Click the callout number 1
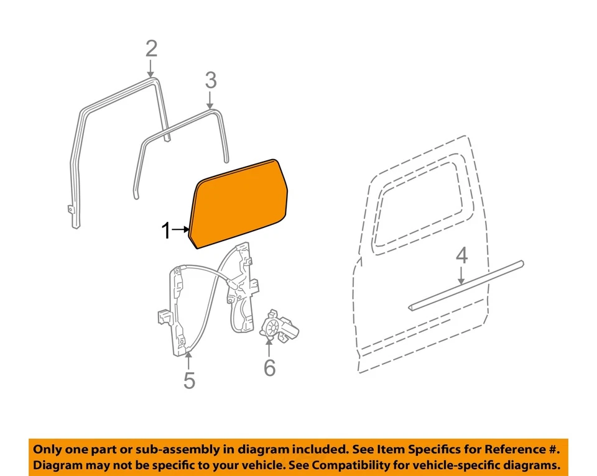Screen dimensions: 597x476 coord(165,231)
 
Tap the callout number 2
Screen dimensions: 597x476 coord(151,48)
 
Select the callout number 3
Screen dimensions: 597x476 coord(210,80)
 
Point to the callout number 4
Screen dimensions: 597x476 coord(461,255)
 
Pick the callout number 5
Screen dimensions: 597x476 coord(189,380)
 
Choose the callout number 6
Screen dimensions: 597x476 coord(269,368)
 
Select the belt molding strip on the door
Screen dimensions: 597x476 coord(466,285)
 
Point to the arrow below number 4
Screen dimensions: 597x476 coord(461,276)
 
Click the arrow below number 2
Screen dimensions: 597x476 coord(151,70)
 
